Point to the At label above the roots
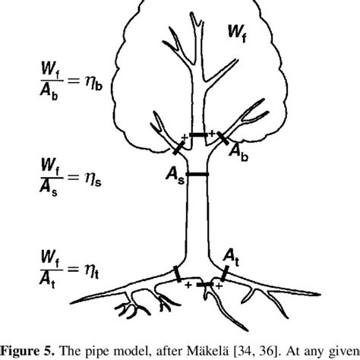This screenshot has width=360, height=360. (232, 261)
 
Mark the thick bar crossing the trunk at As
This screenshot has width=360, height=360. (198, 175)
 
